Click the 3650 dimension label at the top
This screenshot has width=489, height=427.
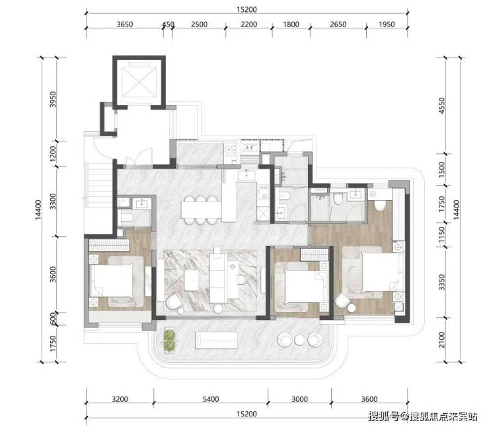coord(125,24)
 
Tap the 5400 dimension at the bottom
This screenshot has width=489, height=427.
coord(211,399)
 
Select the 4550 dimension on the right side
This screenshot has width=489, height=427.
coord(441,106)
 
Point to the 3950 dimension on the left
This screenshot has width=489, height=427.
coord(54,99)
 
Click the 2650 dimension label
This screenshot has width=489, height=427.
coord(338,24)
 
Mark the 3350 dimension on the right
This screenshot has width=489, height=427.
coord(441,282)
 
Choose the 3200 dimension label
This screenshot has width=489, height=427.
coord(120,399)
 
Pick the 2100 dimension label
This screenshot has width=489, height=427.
coord(441,340)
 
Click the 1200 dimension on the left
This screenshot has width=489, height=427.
coord(54,153)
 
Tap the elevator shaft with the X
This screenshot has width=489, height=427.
coord(139,82)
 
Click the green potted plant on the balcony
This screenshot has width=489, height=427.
coord(170,341)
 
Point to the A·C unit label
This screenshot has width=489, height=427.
coord(250,147)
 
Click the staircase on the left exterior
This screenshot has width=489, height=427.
coord(98,184)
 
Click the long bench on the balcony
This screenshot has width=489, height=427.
coord(217,340)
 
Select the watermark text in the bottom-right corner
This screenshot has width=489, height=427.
coord(422,416)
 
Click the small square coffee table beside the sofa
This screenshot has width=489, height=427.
coord(192,280)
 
